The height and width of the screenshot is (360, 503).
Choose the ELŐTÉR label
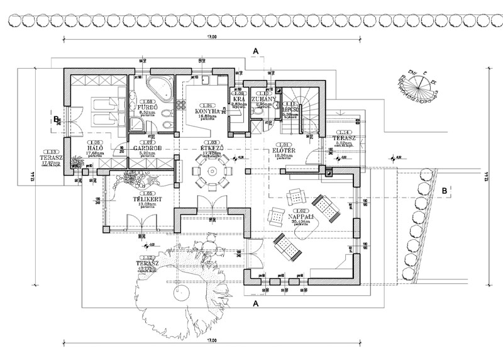282,151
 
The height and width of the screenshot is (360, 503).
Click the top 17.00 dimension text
211,38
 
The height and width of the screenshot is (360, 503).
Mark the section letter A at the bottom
255,303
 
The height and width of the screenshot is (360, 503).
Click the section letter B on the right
444,189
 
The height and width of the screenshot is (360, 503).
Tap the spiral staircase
296,113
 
